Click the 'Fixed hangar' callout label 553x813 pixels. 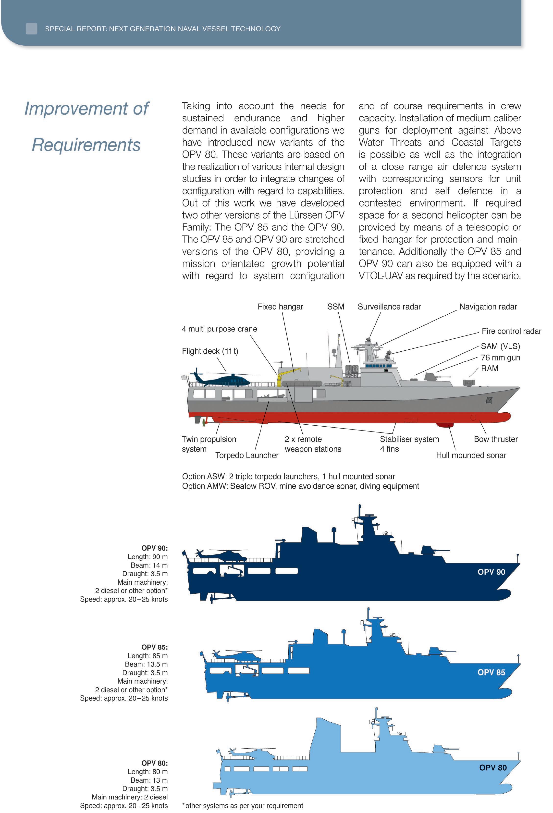[x=280, y=307]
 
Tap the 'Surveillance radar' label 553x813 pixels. [x=389, y=307]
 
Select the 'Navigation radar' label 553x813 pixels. [x=488, y=307]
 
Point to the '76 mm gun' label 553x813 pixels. [x=500, y=357]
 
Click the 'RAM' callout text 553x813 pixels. [x=489, y=368]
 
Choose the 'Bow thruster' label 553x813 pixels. [x=496, y=439]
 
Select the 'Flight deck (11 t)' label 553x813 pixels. [x=210, y=351]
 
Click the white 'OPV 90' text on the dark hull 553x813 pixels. [x=491, y=572]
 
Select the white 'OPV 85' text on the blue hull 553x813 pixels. [x=491, y=672]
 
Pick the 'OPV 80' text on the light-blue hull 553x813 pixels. [x=492, y=767]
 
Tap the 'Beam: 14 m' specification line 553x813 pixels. [x=149, y=565]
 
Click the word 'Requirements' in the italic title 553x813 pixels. [x=86, y=145]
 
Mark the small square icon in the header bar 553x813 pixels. [x=31, y=29]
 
